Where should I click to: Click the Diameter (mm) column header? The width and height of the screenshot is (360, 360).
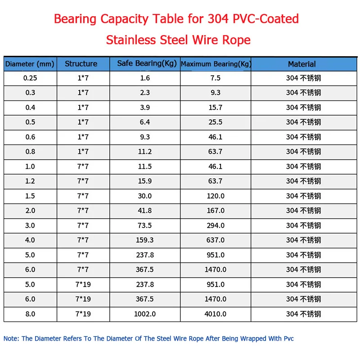tap(30, 64)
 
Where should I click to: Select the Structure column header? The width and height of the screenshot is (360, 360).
tap(81, 64)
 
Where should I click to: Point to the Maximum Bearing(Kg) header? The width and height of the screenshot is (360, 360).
tap(216, 64)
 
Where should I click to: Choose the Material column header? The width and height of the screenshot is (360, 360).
tap(302, 64)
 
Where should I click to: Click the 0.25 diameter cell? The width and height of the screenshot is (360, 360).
tap(30, 78)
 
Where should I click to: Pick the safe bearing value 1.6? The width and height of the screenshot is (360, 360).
tap(145, 78)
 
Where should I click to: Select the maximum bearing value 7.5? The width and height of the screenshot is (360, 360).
tap(216, 78)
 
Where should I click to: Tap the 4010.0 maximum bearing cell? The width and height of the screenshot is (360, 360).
tap(216, 314)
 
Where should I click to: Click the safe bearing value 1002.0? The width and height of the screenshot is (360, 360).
tap(145, 314)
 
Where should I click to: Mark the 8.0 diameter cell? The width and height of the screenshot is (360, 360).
tap(30, 314)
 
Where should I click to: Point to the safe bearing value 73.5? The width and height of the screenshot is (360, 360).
tap(145, 225)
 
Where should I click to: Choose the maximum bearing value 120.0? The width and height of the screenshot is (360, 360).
tap(216, 196)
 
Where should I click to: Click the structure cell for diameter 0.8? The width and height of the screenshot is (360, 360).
tap(83, 152)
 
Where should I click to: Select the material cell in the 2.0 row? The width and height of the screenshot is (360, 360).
tap(303, 211)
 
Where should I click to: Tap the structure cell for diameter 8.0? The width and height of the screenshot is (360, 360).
tap(83, 314)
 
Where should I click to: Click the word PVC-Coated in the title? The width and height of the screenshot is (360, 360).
tap(267, 19)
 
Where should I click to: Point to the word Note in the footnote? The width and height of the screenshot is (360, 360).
tap(11, 338)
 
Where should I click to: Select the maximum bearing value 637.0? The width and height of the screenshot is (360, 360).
tap(216, 240)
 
